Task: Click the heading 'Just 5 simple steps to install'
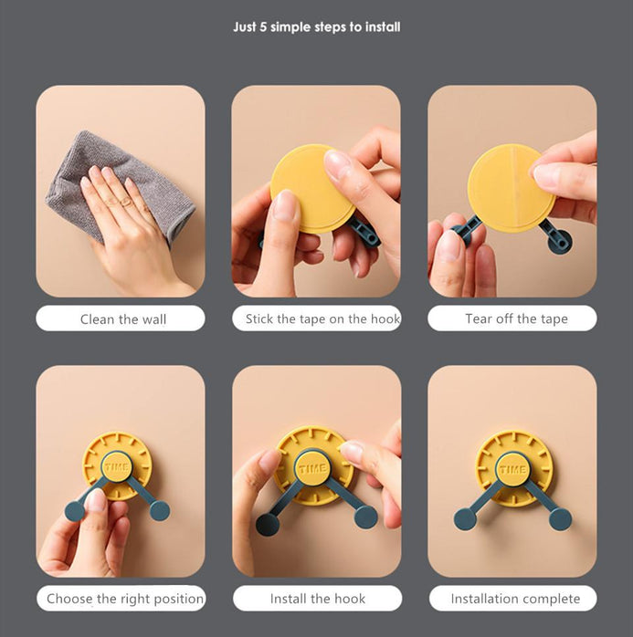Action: tap(317, 27)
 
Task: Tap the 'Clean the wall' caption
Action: tap(123, 319)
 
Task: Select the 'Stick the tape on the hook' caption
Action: tap(322, 318)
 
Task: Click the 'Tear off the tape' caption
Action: tap(516, 318)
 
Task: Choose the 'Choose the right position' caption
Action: tap(125, 599)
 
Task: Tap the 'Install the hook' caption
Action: tap(318, 599)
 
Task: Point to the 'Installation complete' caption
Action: tap(515, 599)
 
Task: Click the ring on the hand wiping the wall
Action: tap(125, 201)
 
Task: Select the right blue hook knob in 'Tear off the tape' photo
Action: tap(560, 241)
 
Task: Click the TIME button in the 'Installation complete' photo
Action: tap(512, 469)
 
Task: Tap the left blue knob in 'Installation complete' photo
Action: tap(465, 518)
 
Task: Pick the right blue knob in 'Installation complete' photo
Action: tap(560, 519)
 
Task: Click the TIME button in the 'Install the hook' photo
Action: tap(312, 467)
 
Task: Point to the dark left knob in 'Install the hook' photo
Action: tap(268, 524)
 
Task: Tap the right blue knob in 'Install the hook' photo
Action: tap(365, 517)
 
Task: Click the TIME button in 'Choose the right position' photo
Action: tap(117, 466)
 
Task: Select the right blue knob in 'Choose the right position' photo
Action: tap(159, 511)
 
